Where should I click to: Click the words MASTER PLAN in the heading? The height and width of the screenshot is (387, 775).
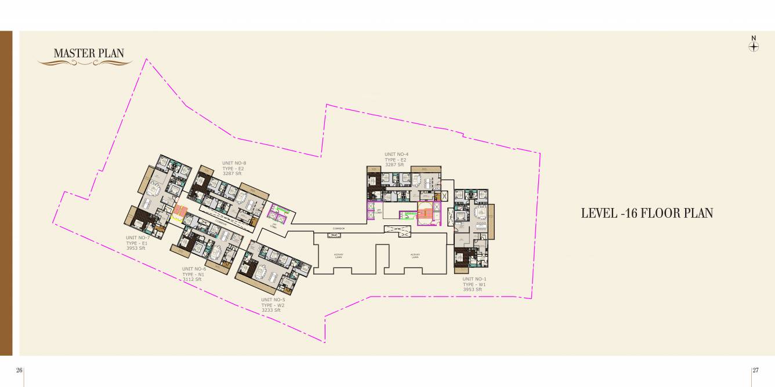(x=89, y=53)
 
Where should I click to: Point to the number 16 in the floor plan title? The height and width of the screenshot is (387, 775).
(x=630, y=213)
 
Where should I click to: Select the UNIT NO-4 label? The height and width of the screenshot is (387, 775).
(x=396, y=155)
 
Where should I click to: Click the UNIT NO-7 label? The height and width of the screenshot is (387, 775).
(x=137, y=238)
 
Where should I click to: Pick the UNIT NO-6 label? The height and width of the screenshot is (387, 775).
(x=194, y=269)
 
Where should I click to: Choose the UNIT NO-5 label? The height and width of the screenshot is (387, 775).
(x=273, y=300)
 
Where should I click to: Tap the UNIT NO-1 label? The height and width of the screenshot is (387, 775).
(x=474, y=279)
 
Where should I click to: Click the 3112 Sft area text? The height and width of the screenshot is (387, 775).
(x=191, y=280)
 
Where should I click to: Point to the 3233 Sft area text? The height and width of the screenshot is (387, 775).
(x=270, y=311)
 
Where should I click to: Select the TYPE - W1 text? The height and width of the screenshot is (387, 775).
(x=474, y=284)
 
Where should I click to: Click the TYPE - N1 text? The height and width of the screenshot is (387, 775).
(x=193, y=275)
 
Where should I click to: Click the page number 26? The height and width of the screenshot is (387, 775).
(x=19, y=370)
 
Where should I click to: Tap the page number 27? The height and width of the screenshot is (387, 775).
(x=755, y=370)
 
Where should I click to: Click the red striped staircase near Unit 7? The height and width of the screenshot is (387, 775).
(x=182, y=213)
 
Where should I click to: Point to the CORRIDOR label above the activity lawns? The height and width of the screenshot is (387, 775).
(x=339, y=229)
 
